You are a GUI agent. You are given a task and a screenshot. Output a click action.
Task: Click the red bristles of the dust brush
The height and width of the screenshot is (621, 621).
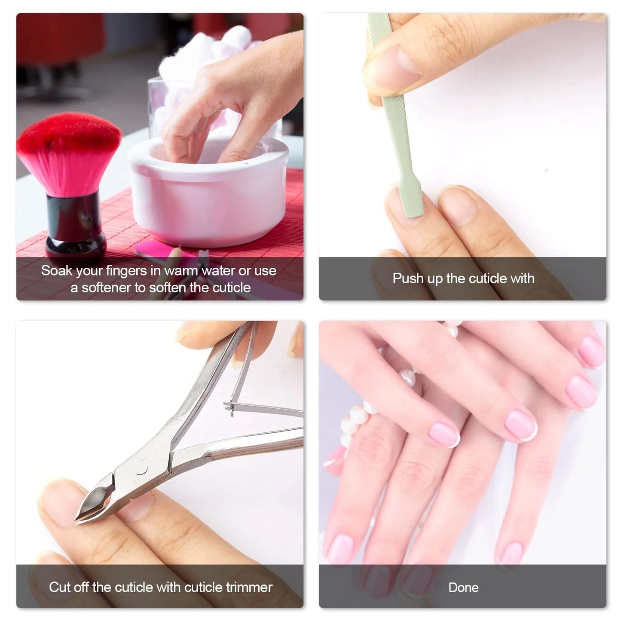click(69, 150)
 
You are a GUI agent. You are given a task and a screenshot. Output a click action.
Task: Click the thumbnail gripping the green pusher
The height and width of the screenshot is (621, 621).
click(398, 64)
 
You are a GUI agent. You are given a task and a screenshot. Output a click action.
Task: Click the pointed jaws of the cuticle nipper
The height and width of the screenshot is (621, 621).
click(92, 503)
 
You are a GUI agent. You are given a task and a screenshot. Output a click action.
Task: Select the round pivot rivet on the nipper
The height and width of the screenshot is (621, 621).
click(141, 468)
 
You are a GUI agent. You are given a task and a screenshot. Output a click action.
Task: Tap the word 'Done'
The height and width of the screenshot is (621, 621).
click(463, 587)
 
